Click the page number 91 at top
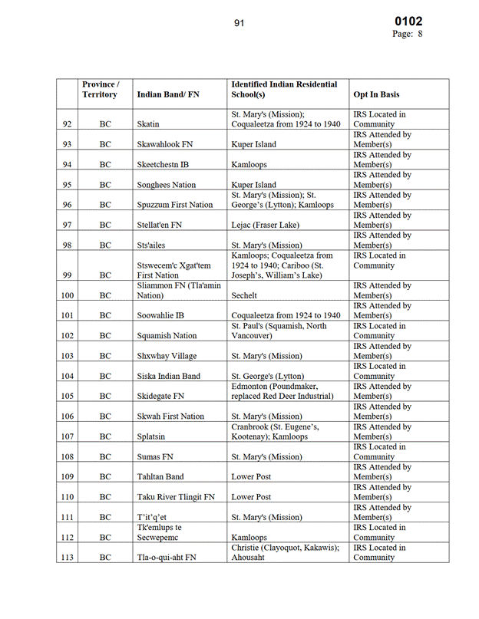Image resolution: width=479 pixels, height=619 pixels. (239, 23)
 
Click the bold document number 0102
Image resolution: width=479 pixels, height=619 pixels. (408, 21)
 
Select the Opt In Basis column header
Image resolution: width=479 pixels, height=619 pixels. (376, 94)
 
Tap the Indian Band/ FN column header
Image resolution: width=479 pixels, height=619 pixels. (167, 94)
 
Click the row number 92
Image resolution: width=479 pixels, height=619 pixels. (67, 124)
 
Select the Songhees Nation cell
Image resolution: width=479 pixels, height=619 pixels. (166, 185)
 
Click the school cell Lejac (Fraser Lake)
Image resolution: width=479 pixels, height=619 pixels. (266, 226)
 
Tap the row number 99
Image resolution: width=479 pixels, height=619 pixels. (67, 275)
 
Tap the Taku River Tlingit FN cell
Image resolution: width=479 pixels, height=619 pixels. (176, 497)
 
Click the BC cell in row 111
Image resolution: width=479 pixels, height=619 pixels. (105, 517)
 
